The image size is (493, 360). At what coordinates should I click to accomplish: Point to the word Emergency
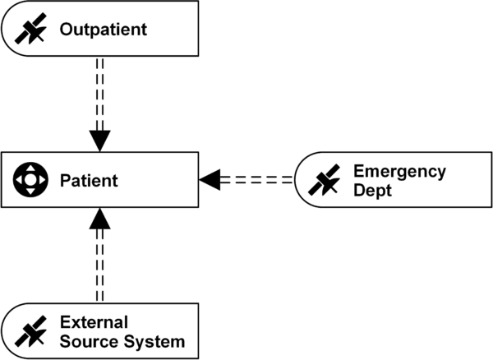tap(399, 171)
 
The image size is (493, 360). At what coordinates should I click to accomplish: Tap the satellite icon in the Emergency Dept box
tap(324, 179)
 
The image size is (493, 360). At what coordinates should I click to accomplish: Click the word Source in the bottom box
tap(86, 339)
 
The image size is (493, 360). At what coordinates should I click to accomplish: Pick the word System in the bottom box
tap(156, 339)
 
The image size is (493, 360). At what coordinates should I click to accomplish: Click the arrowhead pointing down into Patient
tap(99, 140)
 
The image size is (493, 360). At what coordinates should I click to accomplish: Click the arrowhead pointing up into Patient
tap(99, 219)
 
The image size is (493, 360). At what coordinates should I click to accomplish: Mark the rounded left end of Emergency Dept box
tap(297, 179)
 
